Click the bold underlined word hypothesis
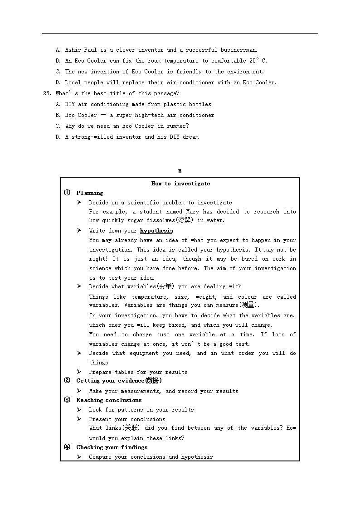pos(156,231)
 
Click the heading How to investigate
pos(180,184)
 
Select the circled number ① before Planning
pos(67,193)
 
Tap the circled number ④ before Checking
pos(67,447)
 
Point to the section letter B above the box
pos(180,171)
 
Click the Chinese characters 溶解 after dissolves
pos(184,220)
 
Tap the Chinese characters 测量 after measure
pos(249,305)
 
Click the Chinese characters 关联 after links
pos(131,428)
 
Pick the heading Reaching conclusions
pos(109,400)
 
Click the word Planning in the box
pos(90,193)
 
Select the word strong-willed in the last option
pos(92,137)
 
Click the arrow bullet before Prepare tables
pos(79,372)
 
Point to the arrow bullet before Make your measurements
pos(79,391)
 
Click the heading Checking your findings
pos(112,447)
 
